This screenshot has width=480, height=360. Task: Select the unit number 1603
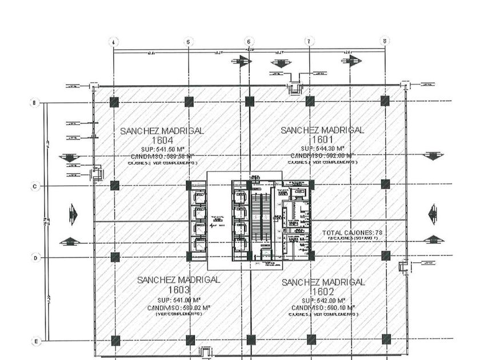tap(178, 290)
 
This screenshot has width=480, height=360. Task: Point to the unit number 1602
tap(323, 291)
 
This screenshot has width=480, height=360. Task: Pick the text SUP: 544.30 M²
tap(322, 147)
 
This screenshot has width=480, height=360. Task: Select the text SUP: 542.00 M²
tap(323, 300)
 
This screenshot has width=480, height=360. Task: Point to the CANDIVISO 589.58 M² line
tap(162, 155)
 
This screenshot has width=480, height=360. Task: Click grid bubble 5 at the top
tap(189, 41)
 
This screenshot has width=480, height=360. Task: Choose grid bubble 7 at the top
tap(309, 41)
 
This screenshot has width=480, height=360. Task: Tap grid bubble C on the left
tap(35, 186)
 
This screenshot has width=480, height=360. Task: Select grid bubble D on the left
tap(35, 258)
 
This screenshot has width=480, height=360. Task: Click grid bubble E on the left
tap(35, 341)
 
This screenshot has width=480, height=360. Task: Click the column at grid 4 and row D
tap(115, 257)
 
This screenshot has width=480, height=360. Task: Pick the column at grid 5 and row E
tap(189, 340)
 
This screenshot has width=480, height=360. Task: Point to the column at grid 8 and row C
tap(385, 185)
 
